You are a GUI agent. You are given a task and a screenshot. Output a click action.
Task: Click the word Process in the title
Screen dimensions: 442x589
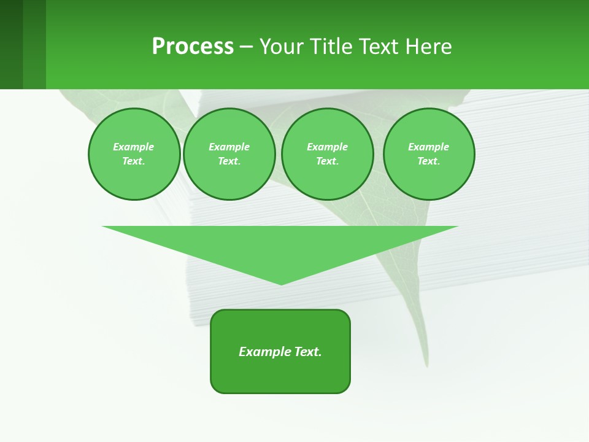[x=193, y=47]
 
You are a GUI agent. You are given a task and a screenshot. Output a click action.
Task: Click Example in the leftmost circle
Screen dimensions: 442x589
[x=133, y=147]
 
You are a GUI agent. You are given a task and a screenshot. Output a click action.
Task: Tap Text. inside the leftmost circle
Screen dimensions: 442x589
[x=133, y=161]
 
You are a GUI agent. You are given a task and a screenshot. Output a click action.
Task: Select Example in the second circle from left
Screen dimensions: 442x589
[x=229, y=147]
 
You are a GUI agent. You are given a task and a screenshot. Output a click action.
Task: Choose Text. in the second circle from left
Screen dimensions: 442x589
[x=229, y=161]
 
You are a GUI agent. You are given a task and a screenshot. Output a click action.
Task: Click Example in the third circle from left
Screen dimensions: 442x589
[x=327, y=147]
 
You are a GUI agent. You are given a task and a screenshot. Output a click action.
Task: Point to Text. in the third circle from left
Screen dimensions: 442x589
[x=327, y=161]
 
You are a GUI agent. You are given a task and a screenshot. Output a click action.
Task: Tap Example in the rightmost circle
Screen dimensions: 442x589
[x=428, y=147]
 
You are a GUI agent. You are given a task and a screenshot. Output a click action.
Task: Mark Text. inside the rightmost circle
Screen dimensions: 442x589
[x=428, y=161]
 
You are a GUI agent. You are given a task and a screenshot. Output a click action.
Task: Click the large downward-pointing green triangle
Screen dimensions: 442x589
[x=280, y=246]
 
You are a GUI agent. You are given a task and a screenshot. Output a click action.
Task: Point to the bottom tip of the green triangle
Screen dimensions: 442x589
[x=281, y=284]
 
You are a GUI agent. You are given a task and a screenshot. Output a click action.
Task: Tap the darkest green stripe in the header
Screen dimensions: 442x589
[x=11, y=44]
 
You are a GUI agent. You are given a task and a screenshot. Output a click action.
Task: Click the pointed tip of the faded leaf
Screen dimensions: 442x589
[x=426, y=365]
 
